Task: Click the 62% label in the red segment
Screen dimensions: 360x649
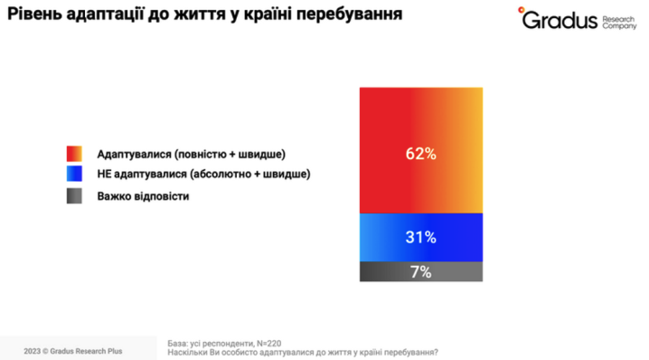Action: click(420, 154)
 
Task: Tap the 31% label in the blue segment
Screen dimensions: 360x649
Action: click(420, 238)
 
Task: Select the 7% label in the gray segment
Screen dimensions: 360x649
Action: click(420, 272)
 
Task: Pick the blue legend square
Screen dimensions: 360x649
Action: click(75, 174)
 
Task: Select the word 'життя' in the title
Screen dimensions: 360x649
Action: click(215, 16)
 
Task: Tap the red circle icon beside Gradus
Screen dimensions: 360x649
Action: click(522, 11)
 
